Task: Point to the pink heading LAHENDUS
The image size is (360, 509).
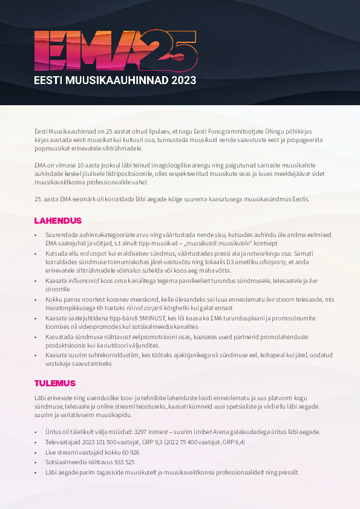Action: click(58, 220)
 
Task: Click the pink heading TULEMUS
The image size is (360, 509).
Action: click(55, 383)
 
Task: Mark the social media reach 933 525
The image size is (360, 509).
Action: click(121, 462)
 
